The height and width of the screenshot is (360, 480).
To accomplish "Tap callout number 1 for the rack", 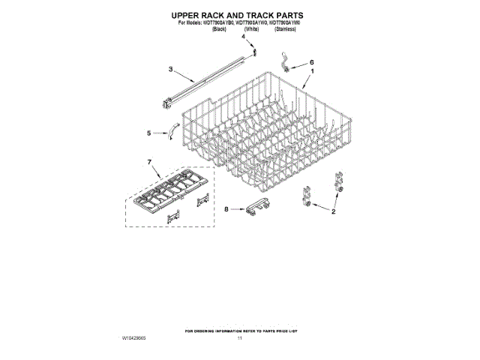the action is click(x=312, y=70).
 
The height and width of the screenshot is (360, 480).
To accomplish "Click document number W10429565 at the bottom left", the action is click(x=133, y=339).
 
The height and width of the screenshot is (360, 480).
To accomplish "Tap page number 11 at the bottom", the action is click(x=240, y=339).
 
